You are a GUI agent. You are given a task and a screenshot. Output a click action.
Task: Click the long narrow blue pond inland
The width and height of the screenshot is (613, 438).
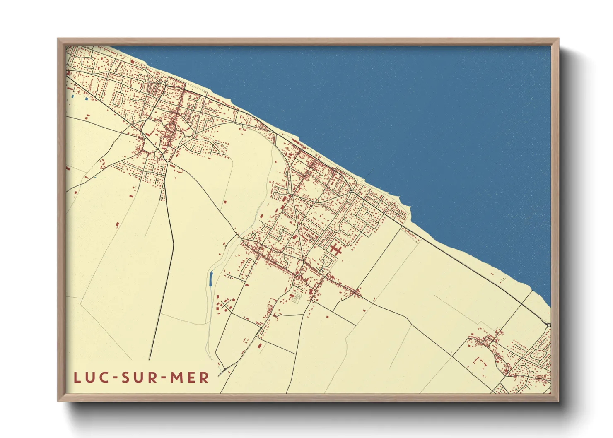click(x=211, y=279)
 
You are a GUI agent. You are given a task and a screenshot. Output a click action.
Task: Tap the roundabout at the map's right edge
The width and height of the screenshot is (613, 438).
click(x=548, y=325)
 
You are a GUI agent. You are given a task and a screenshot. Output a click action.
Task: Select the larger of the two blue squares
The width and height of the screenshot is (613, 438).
click(x=86, y=99)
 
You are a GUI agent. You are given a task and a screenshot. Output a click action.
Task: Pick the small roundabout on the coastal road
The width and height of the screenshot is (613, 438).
click(x=351, y=191)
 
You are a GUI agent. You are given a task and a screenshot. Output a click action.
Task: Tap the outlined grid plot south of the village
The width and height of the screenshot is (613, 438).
click(x=294, y=299)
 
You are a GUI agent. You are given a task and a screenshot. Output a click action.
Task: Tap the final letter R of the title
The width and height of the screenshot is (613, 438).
click(x=204, y=378)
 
